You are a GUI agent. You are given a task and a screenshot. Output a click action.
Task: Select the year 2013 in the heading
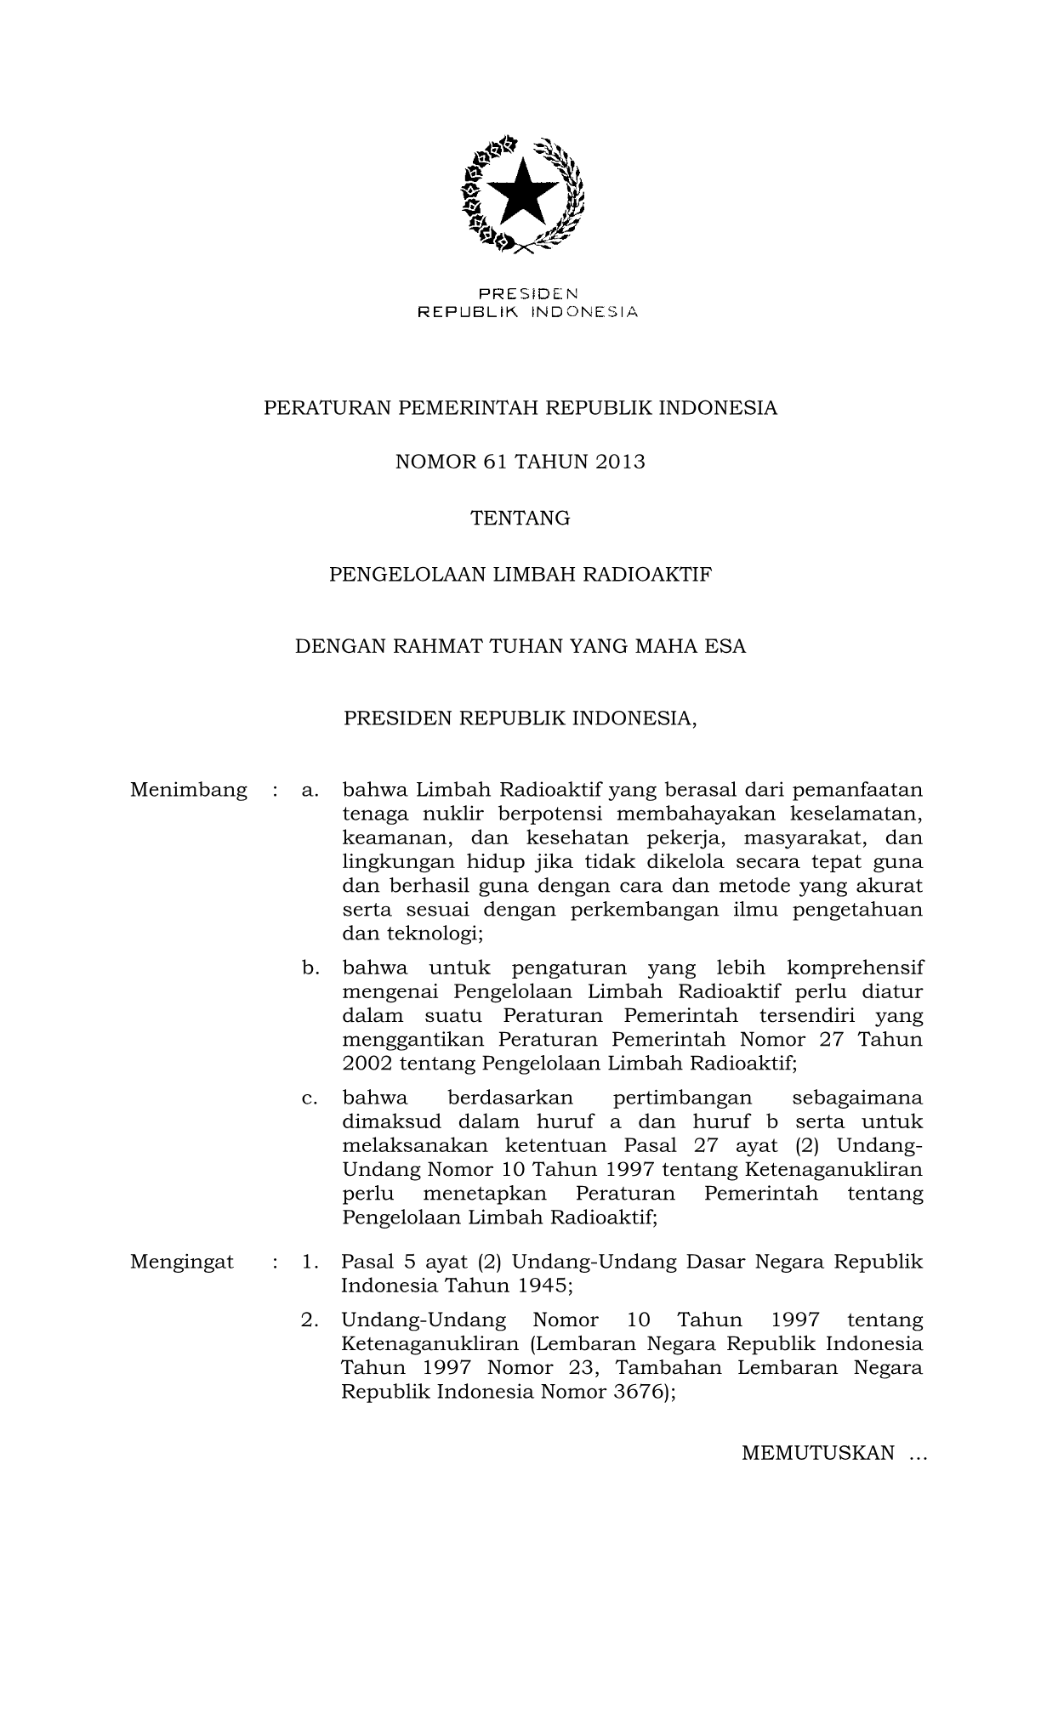[x=621, y=463]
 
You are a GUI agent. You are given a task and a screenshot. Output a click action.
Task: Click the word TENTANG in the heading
[x=520, y=518]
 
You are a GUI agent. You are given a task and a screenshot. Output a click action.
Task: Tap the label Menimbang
[x=189, y=790]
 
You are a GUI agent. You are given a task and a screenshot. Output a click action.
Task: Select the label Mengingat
[x=182, y=1262]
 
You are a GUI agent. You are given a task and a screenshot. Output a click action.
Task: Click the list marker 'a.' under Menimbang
[x=310, y=791]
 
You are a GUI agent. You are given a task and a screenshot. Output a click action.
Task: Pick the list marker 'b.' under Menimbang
[x=310, y=968]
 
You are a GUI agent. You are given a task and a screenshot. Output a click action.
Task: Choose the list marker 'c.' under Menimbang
[x=310, y=1098]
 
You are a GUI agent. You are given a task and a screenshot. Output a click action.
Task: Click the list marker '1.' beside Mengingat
[x=310, y=1262]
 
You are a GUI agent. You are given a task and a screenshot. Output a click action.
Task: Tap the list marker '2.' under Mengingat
[x=310, y=1320]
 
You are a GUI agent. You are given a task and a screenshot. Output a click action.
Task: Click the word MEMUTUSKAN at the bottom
[x=817, y=1452]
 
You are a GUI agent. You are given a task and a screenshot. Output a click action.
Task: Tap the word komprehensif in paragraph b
[x=855, y=968]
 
